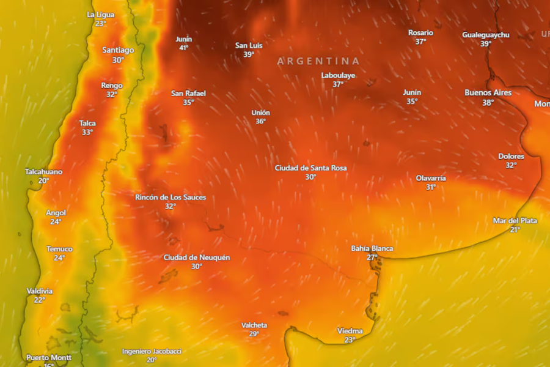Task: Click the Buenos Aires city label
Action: pos(488,93)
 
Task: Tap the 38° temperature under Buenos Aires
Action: pos(488,103)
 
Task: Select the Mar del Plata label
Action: pos(515,221)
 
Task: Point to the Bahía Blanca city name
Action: pos(372,248)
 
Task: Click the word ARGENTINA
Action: pos(318,61)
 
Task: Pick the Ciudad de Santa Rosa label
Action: pos(310,168)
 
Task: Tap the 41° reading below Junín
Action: pos(184,48)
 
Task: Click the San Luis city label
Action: pos(249,45)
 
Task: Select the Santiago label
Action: pos(118,50)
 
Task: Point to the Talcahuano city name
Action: pos(43,172)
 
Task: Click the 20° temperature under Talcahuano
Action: pos(43,181)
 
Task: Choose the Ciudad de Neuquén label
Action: pos(197,258)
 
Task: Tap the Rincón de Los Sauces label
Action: pos(170,197)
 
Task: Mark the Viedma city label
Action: pos(350,331)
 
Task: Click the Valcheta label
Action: pos(254,325)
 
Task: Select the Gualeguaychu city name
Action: pos(485,35)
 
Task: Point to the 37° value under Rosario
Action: pos(420,42)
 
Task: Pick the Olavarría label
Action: pos(431,178)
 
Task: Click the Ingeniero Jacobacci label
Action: pos(152,351)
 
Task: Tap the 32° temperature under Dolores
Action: pos(511,165)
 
